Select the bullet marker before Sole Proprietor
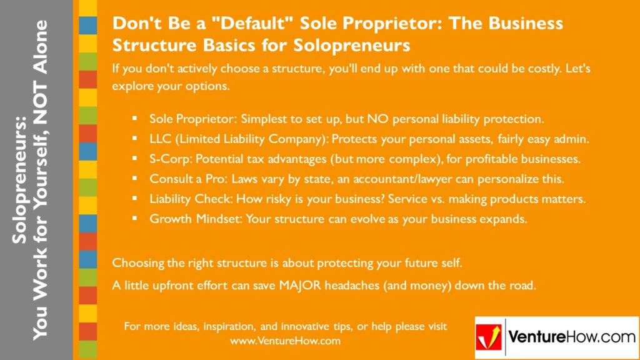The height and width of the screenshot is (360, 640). point(134,118)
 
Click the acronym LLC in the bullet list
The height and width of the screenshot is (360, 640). point(160,139)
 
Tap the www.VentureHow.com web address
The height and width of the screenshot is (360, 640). point(285,341)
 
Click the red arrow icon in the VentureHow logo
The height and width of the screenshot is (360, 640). point(489,337)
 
